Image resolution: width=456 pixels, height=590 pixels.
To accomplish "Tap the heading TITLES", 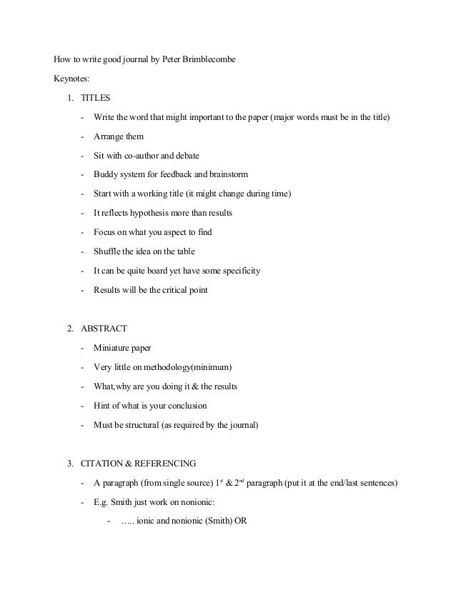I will pos(96,97).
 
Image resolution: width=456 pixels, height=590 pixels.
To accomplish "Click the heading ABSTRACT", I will pos(104,329).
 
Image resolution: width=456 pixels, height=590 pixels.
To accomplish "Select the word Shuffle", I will pos(109,251).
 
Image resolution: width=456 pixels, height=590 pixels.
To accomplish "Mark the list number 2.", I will pos(70,329).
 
